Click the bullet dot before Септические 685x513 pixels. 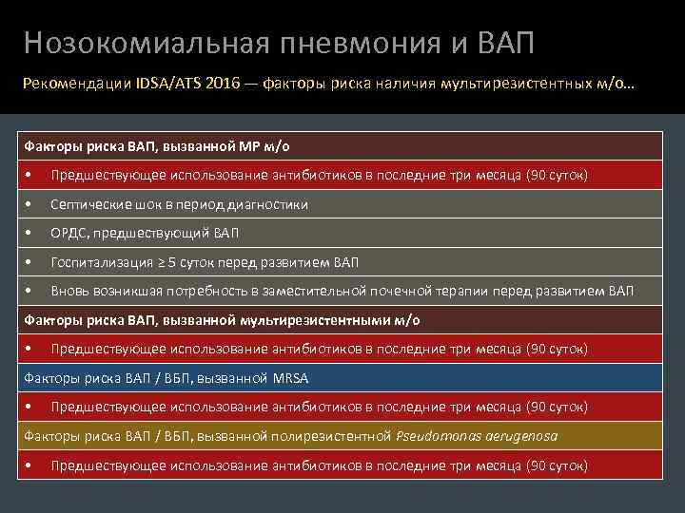[31, 204]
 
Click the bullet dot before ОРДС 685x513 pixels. [31, 233]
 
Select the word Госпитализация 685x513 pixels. [101, 262]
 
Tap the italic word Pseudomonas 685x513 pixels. [438, 436]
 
